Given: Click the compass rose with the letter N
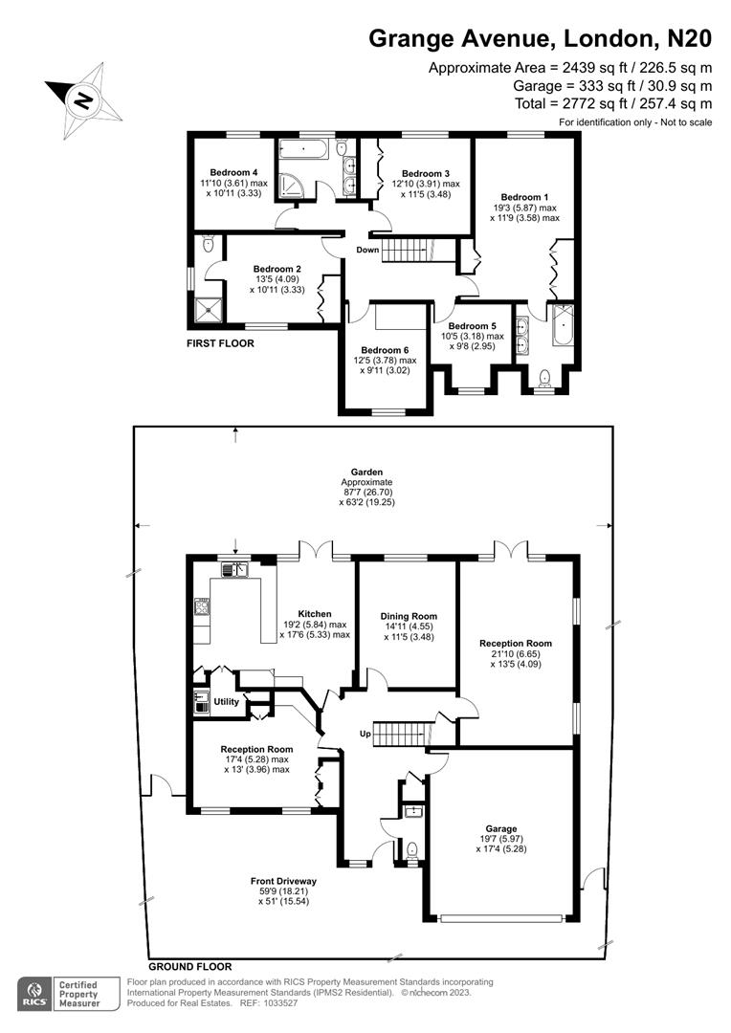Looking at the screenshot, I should [x=84, y=97].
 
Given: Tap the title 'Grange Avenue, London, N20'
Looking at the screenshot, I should [x=541, y=38].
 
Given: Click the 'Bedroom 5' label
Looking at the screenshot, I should [x=472, y=326].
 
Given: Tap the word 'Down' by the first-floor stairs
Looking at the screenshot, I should [x=367, y=250].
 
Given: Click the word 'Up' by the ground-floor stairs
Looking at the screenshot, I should [x=365, y=734].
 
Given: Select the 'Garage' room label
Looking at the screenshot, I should [x=500, y=829].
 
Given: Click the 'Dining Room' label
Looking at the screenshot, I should [x=409, y=617].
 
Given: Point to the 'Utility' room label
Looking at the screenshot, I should [x=227, y=701].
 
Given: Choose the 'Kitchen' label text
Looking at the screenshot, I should [x=315, y=614].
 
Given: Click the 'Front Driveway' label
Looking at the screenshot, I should [x=283, y=881].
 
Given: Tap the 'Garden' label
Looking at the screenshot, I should [x=366, y=472].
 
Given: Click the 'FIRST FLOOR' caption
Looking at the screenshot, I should [x=221, y=342].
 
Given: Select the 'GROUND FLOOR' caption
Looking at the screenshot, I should [x=190, y=966].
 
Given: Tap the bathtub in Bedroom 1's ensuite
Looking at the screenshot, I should [x=562, y=327].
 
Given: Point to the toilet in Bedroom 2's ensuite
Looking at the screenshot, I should [x=209, y=245].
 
